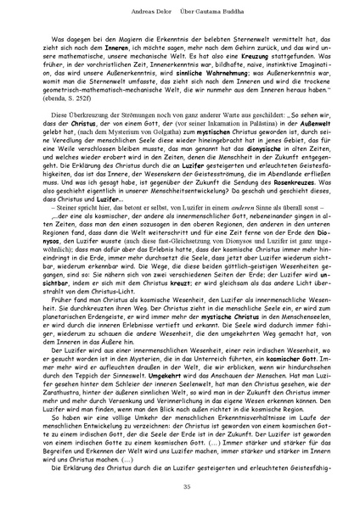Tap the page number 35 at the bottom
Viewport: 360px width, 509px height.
(180, 484)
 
